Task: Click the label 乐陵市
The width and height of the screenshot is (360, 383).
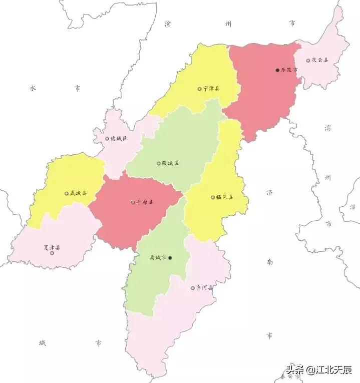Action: (x=289, y=70)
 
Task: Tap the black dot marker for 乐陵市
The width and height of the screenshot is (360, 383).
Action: (x=277, y=70)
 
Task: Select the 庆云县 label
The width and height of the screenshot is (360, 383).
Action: (x=320, y=60)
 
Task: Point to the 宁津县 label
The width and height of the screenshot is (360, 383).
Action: (x=211, y=89)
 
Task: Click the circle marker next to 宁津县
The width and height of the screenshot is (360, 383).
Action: (x=199, y=89)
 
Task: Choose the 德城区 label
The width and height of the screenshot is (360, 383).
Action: (x=119, y=139)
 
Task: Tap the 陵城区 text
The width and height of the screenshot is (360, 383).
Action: (x=170, y=163)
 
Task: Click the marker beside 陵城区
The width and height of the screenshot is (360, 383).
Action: (x=159, y=163)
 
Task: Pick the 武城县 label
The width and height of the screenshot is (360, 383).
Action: (x=78, y=193)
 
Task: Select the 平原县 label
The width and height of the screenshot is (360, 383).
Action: (x=145, y=203)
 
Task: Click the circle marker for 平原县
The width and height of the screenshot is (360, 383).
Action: (x=133, y=203)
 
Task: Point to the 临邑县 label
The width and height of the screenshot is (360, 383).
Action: (x=225, y=197)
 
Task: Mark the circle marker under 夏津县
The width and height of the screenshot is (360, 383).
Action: (x=52, y=253)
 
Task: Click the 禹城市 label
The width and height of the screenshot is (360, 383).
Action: (x=158, y=258)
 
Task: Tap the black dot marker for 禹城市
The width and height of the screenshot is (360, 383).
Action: (x=170, y=258)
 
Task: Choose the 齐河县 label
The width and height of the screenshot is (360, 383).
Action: (x=205, y=288)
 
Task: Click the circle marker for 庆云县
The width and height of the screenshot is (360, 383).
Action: (x=308, y=60)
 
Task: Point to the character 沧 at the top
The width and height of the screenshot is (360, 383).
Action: (x=168, y=23)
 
